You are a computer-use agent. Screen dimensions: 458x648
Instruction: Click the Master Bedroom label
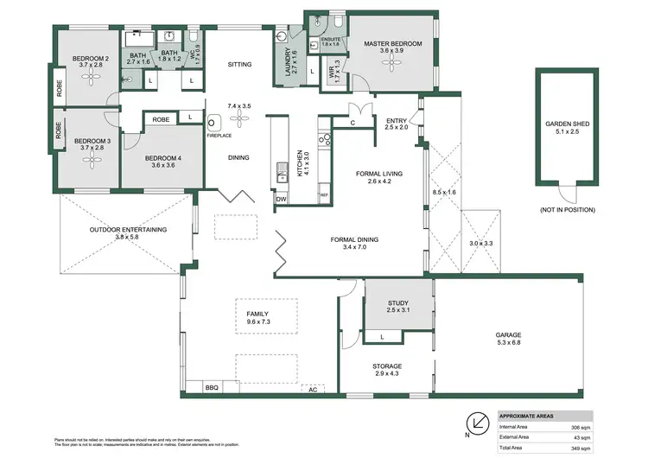pos(392,43)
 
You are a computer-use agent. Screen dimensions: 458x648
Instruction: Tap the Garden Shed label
pos(566,124)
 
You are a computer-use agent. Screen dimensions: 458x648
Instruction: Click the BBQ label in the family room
pos(212,388)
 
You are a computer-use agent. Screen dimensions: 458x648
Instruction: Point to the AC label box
pos(312,390)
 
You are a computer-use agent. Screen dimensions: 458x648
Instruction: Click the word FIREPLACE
pos(220,134)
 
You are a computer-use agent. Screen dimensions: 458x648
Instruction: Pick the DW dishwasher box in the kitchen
pos(281,199)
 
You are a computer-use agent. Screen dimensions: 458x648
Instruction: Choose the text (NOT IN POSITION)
pos(566,210)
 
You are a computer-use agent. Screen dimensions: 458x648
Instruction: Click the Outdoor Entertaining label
pos(128,230)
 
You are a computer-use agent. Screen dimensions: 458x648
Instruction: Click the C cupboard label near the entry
pos(353,123)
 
